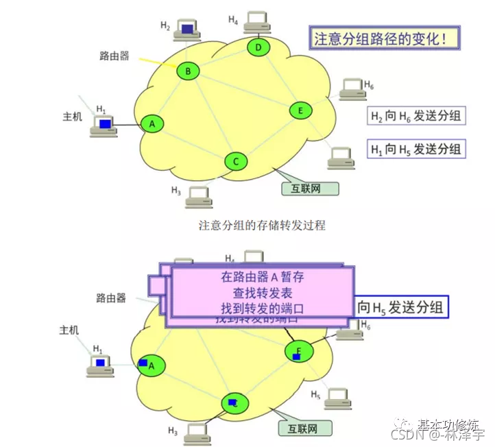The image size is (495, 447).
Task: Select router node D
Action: tap(258, 47)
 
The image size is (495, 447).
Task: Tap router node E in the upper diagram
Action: tap(300, 110)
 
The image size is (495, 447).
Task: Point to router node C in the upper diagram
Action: tap(235, 161)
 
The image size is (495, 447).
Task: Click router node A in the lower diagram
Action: tap(152, 365)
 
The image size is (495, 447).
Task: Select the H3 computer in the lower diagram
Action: tap(197, 433)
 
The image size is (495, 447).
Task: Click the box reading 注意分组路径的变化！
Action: tap(383, 38)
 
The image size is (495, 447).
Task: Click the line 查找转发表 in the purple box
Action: tap(262, 293)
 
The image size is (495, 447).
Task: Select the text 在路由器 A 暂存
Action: tap(262, 277)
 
